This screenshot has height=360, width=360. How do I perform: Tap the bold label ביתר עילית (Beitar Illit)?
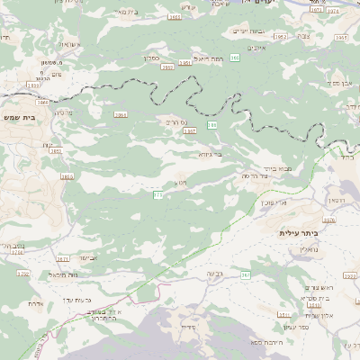pos(300,232)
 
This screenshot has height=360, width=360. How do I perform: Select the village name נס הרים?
pos(179,121)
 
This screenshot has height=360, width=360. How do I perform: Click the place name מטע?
pos(180,183)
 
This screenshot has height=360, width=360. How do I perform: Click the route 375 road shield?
pos(158,193)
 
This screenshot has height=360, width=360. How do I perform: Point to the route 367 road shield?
pos(245,274)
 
